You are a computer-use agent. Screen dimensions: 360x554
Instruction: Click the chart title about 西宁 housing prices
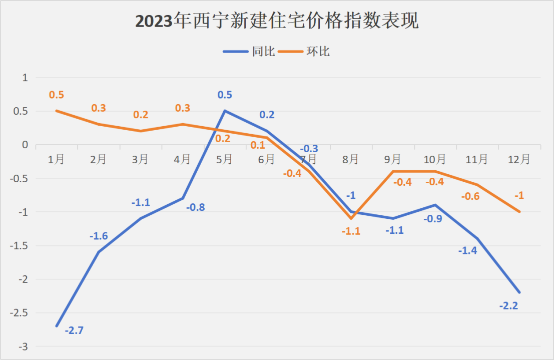coord(277,21)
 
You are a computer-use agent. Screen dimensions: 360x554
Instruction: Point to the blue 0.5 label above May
coord(225,95)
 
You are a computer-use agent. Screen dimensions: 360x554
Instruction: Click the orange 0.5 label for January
coord(57,95)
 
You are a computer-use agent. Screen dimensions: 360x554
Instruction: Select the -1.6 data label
coord(99,236)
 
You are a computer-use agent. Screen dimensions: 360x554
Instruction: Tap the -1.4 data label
coord(467,250)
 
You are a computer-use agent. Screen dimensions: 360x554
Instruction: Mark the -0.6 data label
coord(470,196)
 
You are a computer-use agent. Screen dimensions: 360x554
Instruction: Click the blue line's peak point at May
coord(225,111)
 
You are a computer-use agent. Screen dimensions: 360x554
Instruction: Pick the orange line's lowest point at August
coord(351,218)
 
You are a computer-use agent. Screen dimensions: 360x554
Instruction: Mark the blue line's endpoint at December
coord(519,292)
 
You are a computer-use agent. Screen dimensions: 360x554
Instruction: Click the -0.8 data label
coord(195,207)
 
